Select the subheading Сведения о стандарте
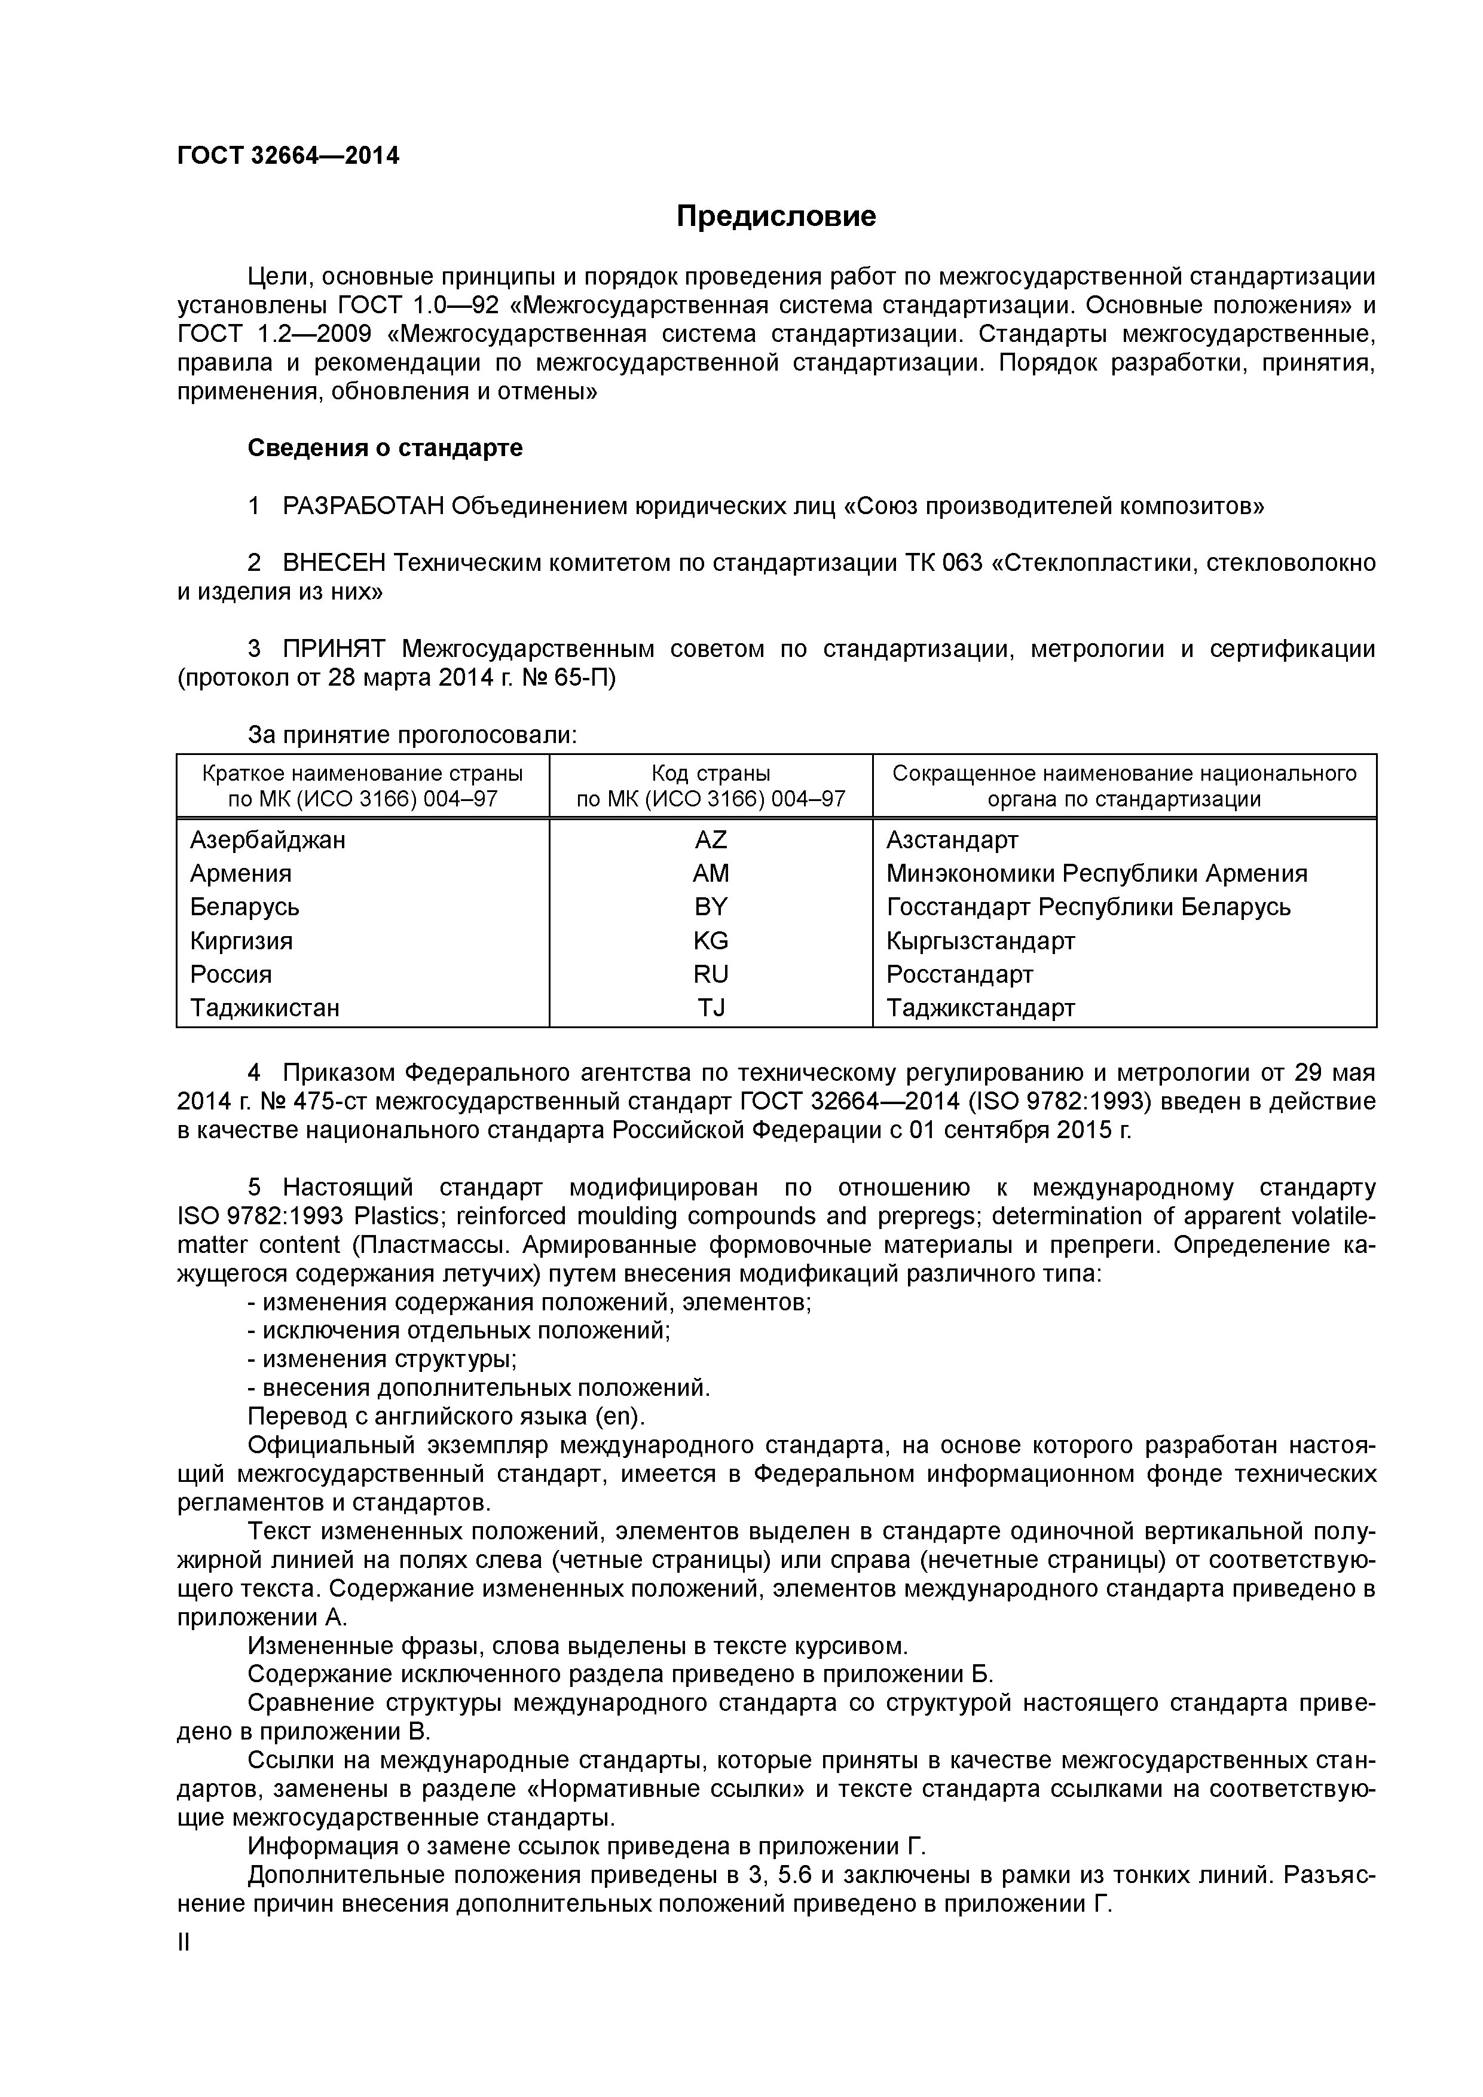pyautogui.click(x=386, y=448)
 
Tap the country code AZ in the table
pyautogui.click(x=711, y=839)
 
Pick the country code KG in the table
pyautogui.click(x=711, y=941)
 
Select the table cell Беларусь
pyautogui.click(x=244, y=907)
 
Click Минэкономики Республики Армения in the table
pyautogui.click(x=1096, y=874)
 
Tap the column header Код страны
pyautogui.click(x=711, y=774)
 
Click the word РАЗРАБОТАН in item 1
pyautogui.click(x=363, y=506)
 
